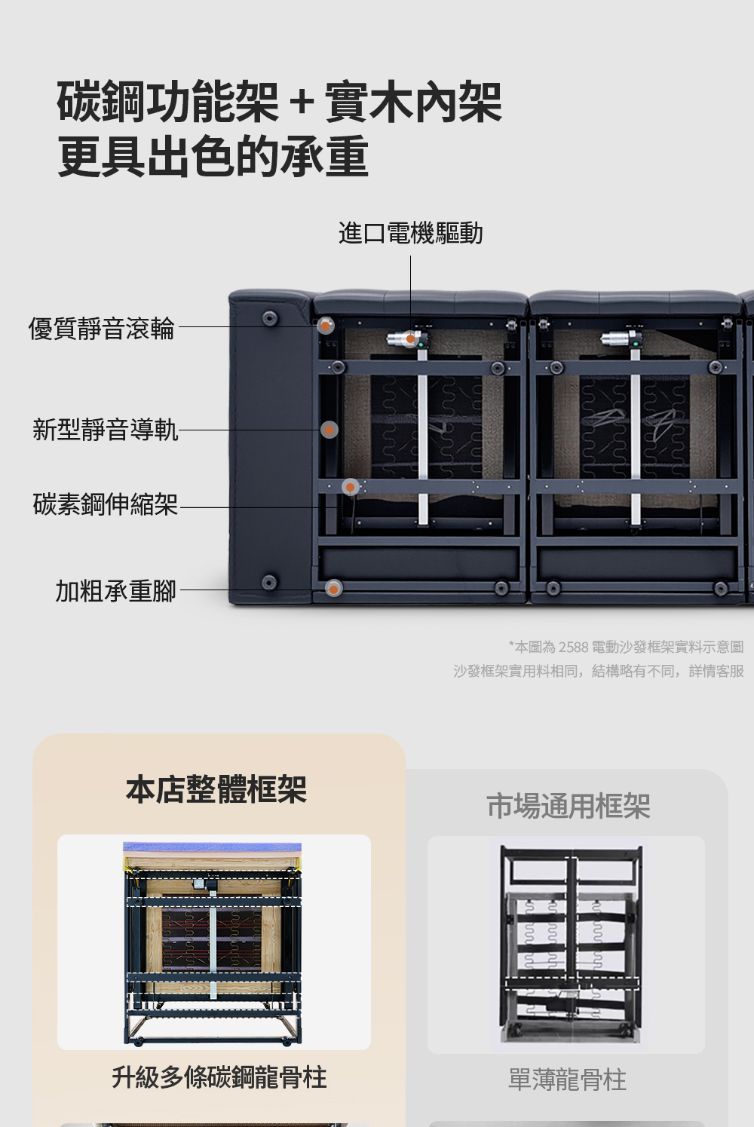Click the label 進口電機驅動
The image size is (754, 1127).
tap(410, 233)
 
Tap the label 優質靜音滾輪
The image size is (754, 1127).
tap(101, 329)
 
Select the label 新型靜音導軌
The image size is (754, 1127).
tap(106, 430)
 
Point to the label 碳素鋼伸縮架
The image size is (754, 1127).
tap(106, 504)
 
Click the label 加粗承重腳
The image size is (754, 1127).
tap(116, 591)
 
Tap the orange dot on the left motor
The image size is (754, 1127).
tap(411, 339)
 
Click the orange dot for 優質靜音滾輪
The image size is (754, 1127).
tap(326, 326)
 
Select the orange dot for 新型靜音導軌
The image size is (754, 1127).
tap(329, 430)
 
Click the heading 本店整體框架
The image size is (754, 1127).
tap(216, 789)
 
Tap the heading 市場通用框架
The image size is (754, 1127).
tap(569, 806)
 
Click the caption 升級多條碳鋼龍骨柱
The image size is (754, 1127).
tap(219, 1077)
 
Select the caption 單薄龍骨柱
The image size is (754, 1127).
tap(567, 1080)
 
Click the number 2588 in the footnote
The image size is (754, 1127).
tap(573, 647)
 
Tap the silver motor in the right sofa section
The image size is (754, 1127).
tap(620, 338)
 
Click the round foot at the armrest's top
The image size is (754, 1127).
tap(270, 318)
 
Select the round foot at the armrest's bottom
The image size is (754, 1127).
tap(269, 582)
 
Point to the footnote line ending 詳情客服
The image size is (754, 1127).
tap(599, 671)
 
